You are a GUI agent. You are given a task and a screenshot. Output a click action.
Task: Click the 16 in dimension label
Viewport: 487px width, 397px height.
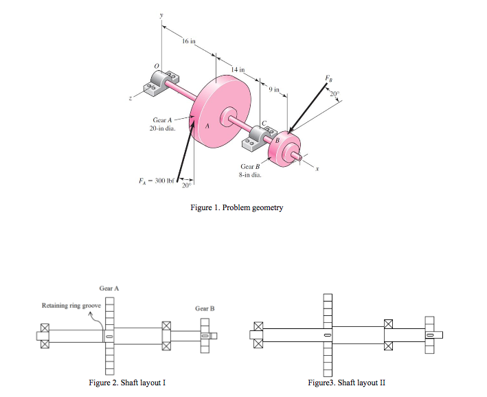pos(189,42)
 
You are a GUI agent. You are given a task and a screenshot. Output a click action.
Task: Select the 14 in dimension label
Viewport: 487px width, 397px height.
pos(238,70)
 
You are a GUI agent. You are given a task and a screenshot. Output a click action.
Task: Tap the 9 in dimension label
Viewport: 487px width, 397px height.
pos(275,90)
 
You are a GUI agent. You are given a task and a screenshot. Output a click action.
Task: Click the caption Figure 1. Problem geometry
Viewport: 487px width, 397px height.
pos(236,207)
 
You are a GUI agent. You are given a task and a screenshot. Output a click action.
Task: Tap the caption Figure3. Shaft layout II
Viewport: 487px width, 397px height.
pos(348,383)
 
